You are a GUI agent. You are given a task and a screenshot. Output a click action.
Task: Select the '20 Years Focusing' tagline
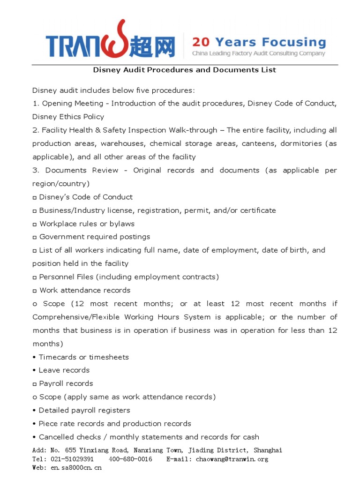pos(259,42)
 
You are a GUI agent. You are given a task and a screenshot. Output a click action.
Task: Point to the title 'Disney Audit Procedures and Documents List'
pos(185,70)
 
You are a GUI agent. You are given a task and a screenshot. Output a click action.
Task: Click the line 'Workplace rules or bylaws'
pos(87,224)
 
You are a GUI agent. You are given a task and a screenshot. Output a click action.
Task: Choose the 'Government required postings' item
pos(95,237)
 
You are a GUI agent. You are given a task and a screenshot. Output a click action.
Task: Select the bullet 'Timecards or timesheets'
pos(83,357)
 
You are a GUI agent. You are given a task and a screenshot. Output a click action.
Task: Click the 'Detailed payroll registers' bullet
pos(84,410)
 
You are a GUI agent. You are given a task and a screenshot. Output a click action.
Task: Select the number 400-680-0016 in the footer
pos(130,459)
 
